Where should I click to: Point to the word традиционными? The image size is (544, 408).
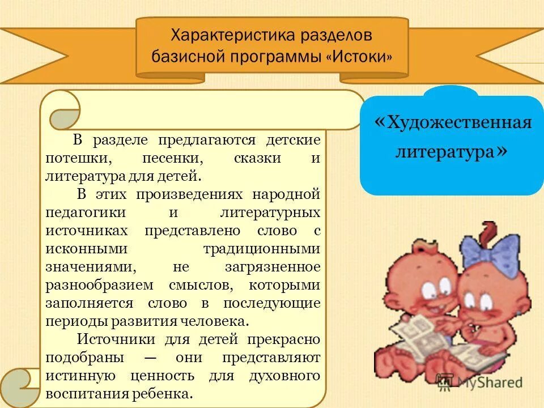[261, 249]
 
